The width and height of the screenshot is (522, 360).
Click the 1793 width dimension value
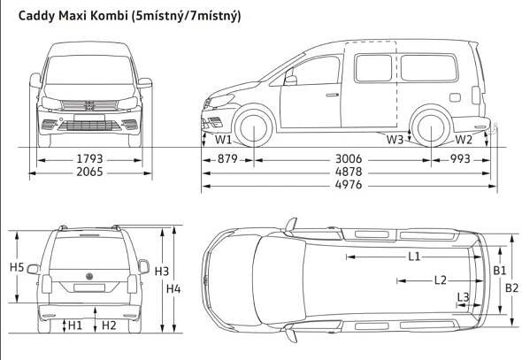[89, 159]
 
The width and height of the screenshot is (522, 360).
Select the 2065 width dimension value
[89, 172]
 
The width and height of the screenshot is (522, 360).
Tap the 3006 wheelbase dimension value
[349, 159]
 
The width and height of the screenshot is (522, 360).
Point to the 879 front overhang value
[227, 159]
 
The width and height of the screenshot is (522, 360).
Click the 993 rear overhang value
[460, 159]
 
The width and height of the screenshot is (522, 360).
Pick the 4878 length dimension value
[349, 172]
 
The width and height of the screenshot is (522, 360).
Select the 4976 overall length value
[349, 185]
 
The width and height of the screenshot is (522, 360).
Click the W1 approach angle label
[223, 140]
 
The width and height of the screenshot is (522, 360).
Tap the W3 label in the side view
[395, 140]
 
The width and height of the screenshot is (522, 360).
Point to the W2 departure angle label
[464, 140]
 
